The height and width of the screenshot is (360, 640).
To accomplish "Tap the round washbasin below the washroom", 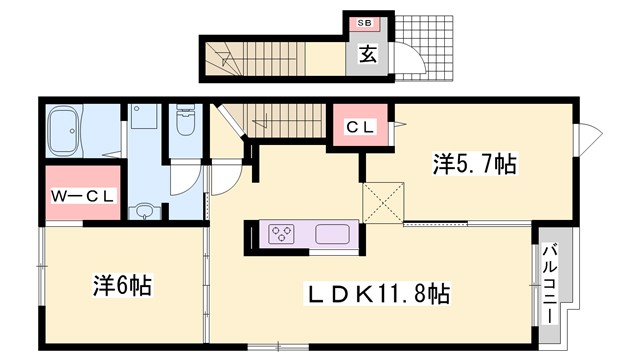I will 147,211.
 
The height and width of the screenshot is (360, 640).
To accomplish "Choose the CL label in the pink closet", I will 359,127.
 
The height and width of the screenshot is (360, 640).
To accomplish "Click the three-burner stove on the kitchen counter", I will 282,236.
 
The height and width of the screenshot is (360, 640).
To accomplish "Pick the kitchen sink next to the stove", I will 331,236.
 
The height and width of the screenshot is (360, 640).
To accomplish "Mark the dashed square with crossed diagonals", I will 383,201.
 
